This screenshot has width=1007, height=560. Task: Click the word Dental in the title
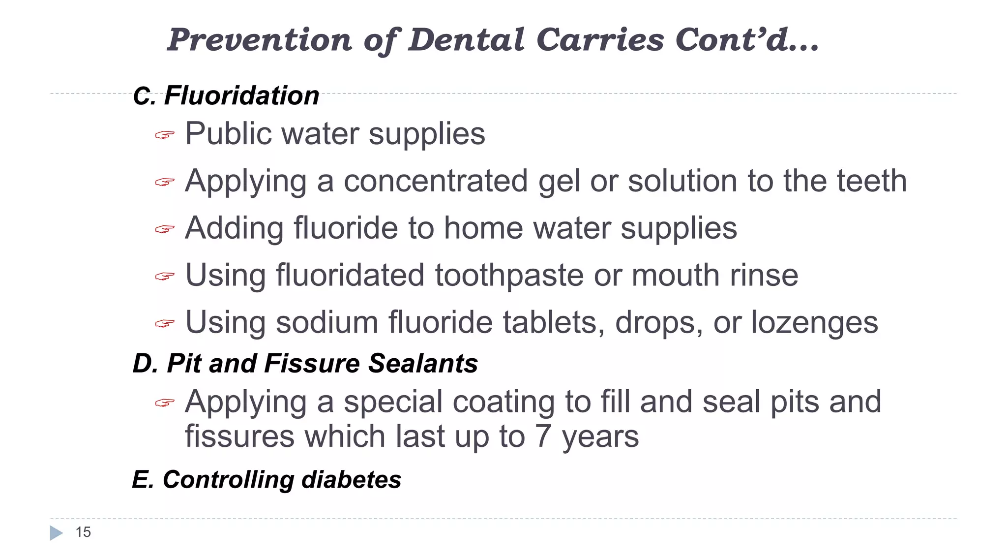pos(466,39)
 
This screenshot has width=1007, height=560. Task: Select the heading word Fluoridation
pos(241,95)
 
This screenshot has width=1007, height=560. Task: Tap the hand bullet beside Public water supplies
pos(165,135)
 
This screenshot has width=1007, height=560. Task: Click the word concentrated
pos(436,181)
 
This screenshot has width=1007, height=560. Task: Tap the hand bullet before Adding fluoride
pos(165,229)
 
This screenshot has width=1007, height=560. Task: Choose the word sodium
pos(327,323)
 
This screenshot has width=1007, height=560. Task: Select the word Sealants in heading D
pos(423,364)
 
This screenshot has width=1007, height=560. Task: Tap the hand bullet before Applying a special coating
pos(165,404)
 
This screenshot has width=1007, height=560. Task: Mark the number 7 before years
pos(542,436)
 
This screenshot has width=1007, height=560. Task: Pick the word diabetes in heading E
pos(351,480)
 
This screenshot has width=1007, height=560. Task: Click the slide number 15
pos(83,532)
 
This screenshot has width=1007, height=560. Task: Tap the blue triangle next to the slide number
pos(56,533)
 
